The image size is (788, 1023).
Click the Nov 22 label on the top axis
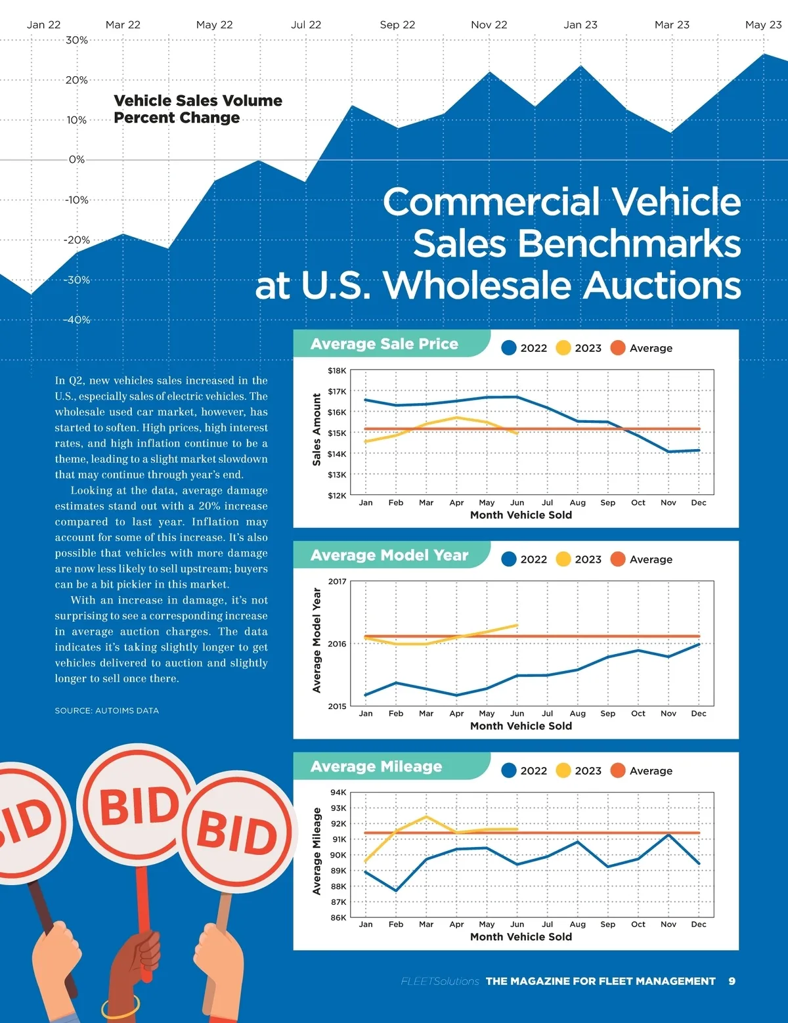click(489, 25)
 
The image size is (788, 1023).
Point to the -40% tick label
click(77, 320)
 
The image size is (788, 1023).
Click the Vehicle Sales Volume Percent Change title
click(198, 109)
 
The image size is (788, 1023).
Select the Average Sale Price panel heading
click(384, 344)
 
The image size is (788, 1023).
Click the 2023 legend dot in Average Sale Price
click(563, 348)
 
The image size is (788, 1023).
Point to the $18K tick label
click(337, 371)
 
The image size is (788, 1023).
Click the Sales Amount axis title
click(317, 429)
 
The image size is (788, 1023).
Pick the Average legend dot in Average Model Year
click(617, 559)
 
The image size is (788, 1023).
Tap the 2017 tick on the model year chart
click(337, 582)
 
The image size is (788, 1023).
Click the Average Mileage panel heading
click(376, 766)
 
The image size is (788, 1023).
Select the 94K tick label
click(338, 793)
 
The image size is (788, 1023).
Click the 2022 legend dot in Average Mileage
click(508, 771)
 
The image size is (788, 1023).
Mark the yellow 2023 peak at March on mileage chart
click(426, 817)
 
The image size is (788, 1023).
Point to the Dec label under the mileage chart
click(698, 925)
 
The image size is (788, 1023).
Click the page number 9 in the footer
click(732, 981)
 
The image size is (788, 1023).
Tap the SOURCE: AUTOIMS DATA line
click(107, 710)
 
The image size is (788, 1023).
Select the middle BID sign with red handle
click(139, 806)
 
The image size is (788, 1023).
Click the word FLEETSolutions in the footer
click(439, 981)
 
